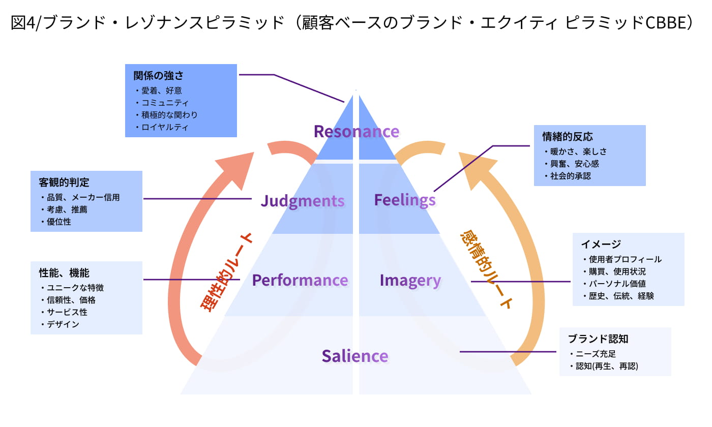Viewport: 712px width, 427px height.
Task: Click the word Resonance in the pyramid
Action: click(356, 132)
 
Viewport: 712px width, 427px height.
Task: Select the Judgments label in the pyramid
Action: click(303, 201)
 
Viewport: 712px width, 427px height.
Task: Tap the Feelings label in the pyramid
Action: click(405, 200)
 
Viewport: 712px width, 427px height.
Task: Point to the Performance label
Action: click(300, 280)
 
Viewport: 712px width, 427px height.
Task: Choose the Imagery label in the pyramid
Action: click(410, 280)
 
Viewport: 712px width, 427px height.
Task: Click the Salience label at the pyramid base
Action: click(354, 356)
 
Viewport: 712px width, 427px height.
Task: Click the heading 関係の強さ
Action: click(158, 76)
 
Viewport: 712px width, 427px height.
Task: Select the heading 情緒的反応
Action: click(568, 137)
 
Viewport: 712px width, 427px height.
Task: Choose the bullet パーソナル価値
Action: click(617, 284)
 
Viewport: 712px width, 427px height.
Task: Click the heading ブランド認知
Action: click(591, 339)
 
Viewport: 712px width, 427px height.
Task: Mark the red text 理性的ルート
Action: click(226, 271)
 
